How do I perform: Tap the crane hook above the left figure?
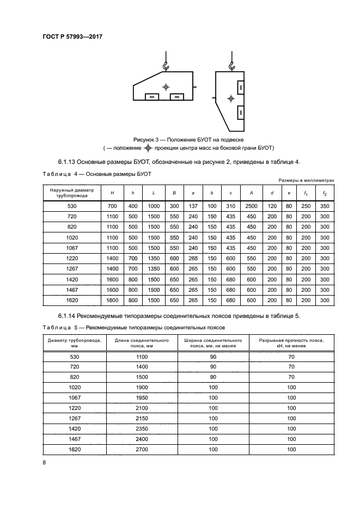(x=166, y=66)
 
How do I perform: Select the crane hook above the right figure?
(x=231, y=66)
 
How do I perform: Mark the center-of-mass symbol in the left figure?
(x=166, y=87)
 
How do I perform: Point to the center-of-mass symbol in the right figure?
(x=231, y=99)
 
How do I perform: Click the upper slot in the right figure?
(x=240, y=87)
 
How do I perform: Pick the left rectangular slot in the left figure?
(x=152, y=97)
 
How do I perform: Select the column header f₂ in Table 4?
(x=325, y=193)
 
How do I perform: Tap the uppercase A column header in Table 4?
(x=251, y=193)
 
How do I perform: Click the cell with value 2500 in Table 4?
(x=251, y=206)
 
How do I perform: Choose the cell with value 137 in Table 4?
(x=193, y=206)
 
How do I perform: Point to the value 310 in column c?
(x=231, y=206)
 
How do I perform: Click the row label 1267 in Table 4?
(x=72, y=268)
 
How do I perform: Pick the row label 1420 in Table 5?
(x=74, y=429)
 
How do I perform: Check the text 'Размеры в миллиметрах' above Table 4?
(x=306, y=180)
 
